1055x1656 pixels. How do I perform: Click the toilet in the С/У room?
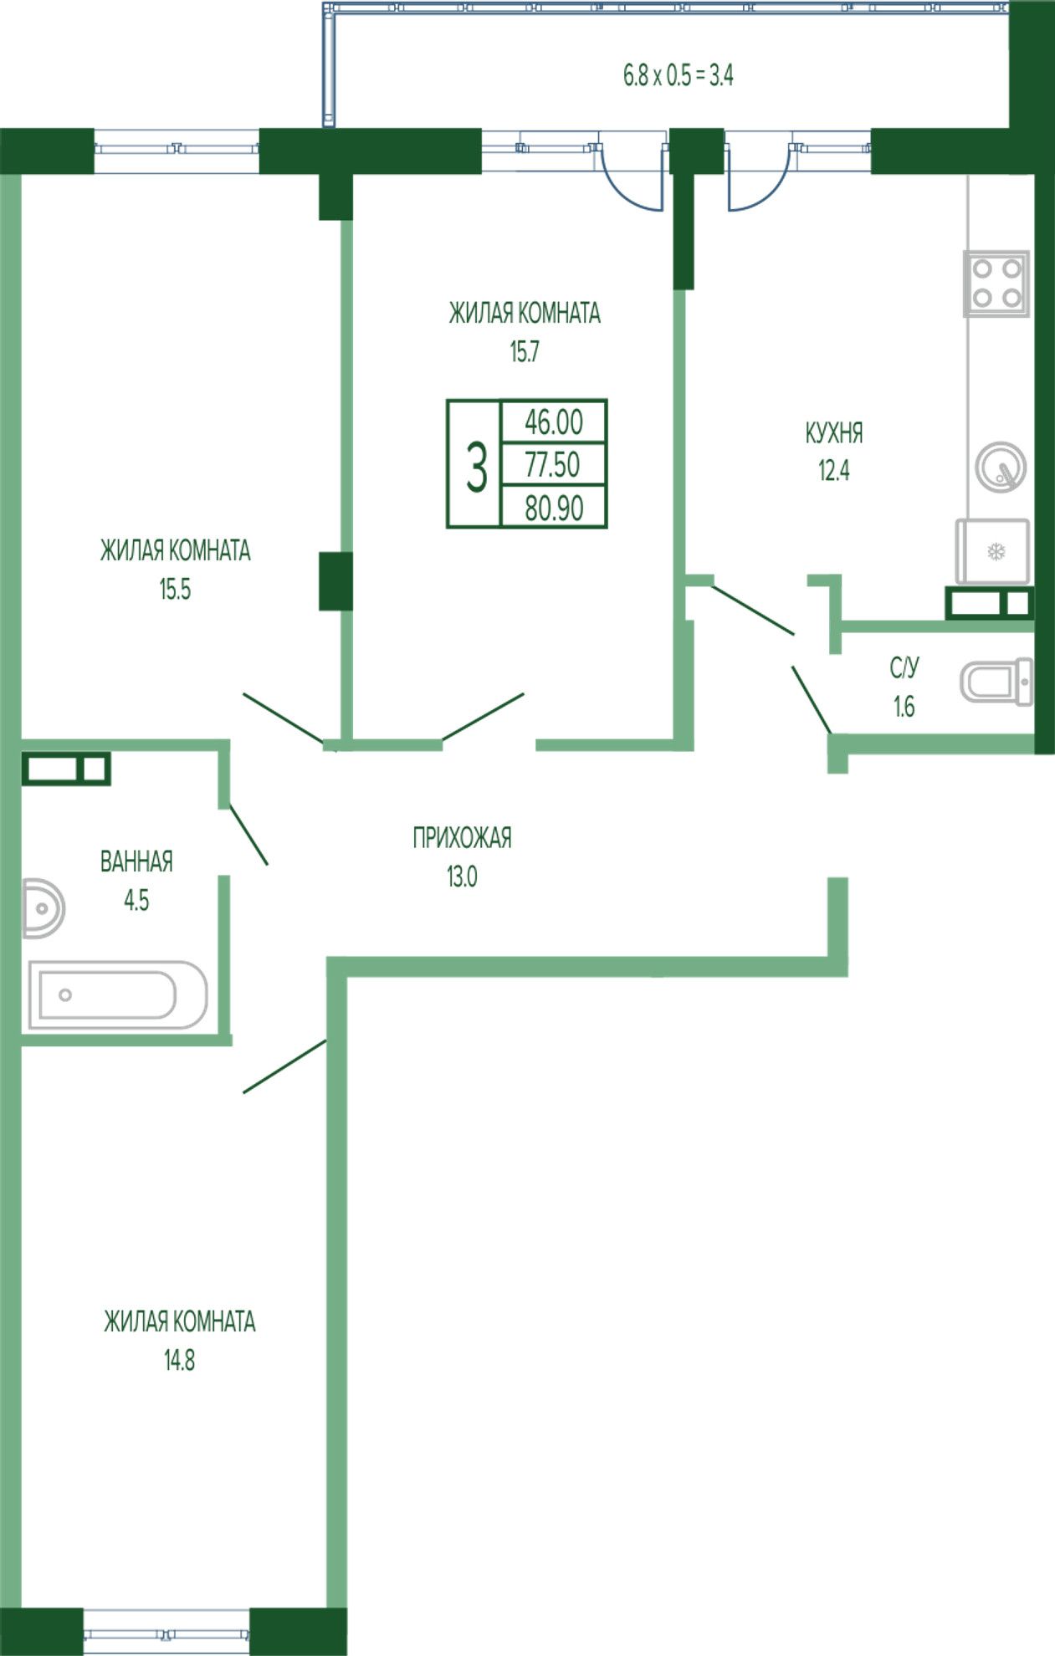point(996,681)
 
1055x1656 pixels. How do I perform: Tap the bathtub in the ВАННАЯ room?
point(118,994)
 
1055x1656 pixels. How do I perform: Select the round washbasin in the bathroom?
point(43,907)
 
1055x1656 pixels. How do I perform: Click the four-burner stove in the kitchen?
point(996,284)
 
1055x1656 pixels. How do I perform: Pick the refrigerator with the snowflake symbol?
point(993,551)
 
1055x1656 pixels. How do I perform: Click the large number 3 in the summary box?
point(476,468)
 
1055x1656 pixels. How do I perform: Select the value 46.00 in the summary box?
point(554,422)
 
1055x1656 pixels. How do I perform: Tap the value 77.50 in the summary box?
point(552,465)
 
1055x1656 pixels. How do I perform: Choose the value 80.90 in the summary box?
point(554,508)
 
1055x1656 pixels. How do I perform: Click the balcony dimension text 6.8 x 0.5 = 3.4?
point(679,75)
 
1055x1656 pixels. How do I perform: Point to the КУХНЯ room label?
point(834,433)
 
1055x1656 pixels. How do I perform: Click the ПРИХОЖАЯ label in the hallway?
point(462,837)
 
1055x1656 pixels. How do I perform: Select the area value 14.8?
point(179,1361)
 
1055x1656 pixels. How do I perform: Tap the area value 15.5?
point(175,590)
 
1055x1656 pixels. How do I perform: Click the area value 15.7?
point(525,352)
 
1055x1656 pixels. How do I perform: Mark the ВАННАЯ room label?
point(136,861)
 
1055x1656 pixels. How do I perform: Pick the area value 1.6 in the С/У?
point(904,707)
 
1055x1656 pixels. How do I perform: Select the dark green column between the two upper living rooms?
point(335,580)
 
